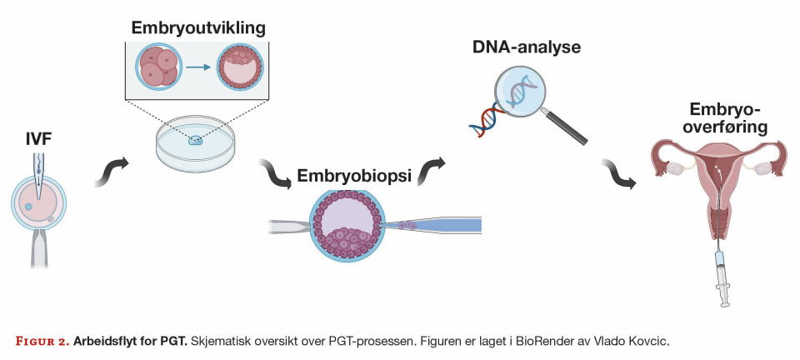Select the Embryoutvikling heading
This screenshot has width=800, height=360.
point(198,27)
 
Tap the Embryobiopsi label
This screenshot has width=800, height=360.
point(352,178)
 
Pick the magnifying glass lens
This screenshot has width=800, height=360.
point(520,89)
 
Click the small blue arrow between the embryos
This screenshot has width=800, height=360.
point(196,69)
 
